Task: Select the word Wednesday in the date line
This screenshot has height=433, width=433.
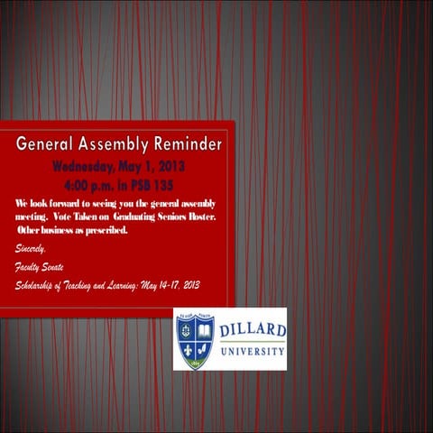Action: (85, 167)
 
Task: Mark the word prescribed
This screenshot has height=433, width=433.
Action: (104, 230)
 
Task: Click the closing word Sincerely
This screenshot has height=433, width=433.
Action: (30, 248)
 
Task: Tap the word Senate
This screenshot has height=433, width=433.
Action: (57, 267)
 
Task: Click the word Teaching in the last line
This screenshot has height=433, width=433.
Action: (88, 286)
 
